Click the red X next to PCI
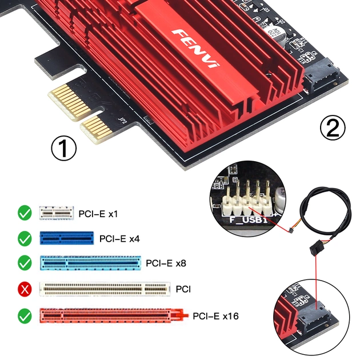(x=25, y=289)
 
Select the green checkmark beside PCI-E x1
(x=25, y=214)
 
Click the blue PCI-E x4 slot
(x=66, y=238)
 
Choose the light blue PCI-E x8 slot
(x=89, y=263)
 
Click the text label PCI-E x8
(x=166, y=263)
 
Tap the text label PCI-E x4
(x=119, y=238)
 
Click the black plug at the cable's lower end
(x=314, y=249)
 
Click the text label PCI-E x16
(x=214, y=315)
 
